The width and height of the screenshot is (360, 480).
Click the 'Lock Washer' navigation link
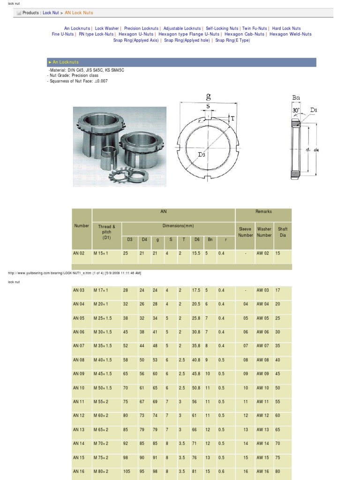(107, 29)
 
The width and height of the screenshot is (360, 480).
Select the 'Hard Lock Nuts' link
(286, 29)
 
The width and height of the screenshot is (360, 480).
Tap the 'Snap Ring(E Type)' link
(233, 41)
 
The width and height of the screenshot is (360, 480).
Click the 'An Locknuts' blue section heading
(66, 62)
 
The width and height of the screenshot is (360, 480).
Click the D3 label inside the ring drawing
(202, 154)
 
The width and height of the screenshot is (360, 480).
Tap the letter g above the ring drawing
(208, 97)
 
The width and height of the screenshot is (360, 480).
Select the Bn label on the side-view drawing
(296, 98)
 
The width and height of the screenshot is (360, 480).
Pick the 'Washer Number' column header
(264, 232)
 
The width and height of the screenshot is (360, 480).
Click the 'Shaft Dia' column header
(283, 232)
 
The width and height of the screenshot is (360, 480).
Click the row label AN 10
(79, 388)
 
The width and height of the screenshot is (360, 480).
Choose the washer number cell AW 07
(262, 346)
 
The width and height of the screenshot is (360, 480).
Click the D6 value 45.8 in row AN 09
(196, 374)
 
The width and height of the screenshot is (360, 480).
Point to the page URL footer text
(75, 272)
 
